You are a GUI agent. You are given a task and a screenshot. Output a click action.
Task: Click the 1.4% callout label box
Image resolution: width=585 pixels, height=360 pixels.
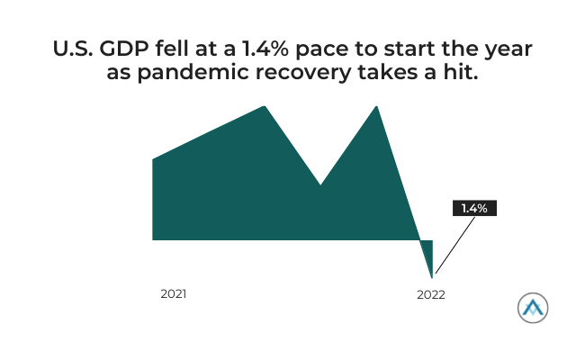point(474,208)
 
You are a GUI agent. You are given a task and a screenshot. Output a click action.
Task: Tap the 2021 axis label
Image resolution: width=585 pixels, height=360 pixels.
point(174,294)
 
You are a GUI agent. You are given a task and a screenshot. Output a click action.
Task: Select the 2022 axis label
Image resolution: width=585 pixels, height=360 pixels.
point(431,294)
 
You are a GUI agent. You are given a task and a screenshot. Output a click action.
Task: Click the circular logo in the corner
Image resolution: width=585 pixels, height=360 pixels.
point(533,308)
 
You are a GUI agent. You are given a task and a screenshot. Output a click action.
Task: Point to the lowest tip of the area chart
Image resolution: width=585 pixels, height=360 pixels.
point(432,278)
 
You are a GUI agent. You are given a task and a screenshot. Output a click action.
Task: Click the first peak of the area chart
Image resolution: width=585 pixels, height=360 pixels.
point(265,106)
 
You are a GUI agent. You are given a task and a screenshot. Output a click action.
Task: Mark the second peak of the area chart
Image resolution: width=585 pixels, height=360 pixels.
point(376,106)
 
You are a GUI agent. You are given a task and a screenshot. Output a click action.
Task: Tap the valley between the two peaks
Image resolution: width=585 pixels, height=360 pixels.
point(320,184)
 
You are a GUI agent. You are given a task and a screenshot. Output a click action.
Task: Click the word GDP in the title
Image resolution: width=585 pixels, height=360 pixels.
point(124,49)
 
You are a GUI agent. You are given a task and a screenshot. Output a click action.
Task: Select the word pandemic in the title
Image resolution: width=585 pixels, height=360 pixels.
point(193,72)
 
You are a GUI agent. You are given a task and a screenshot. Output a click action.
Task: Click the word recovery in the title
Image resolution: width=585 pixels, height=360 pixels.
point(303,73)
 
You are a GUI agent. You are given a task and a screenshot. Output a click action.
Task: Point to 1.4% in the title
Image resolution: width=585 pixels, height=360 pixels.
point(265,49)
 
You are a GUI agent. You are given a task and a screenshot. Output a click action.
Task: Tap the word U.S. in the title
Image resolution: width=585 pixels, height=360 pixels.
point(73,49)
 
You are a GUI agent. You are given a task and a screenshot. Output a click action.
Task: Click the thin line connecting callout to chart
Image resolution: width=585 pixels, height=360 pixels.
point(455,245)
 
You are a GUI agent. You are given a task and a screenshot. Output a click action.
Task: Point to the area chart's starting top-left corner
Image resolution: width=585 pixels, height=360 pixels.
point(153,159)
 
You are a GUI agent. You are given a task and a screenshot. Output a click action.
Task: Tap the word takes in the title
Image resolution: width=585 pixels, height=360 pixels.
point(387,71)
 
